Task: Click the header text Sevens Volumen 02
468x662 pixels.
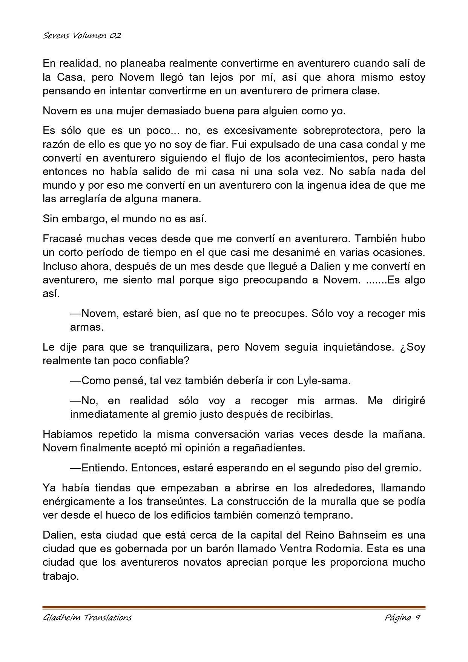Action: pyautogui.click(x=81, y=36)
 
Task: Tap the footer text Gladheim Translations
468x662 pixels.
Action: pyautogui.click(x=87, y=617)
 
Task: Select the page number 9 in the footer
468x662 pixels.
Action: pyautogui.click(x=418, y=617)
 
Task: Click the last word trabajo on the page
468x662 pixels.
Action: pyautogui.click(x=60, y=576)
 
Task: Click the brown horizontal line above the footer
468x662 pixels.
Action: pyautogui.click(x=234, y=607)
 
